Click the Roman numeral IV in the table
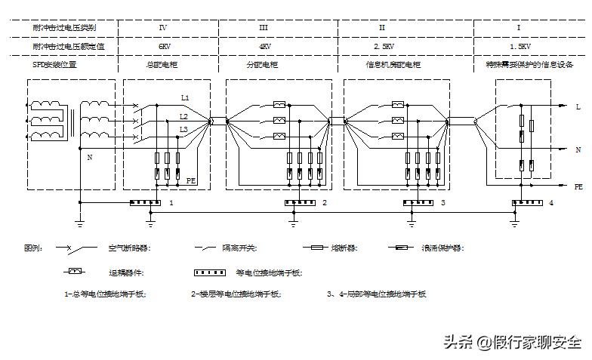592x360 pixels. [x=163, y=27]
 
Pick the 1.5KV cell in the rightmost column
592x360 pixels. [x=520, y=46]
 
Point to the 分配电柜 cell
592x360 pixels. [x=263, y=66]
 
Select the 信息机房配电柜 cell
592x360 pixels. [x=392, y=66]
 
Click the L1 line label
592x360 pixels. [x=185, y=98]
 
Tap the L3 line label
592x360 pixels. [x=183, y=130]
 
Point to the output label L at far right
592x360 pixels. [x=578, y=107]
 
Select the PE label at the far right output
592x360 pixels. [x=578, y=186]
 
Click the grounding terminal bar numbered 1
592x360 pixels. [x=145, y=203]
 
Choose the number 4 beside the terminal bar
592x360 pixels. [x=552, y=203]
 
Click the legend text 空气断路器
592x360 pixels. [x=128, y=248]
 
